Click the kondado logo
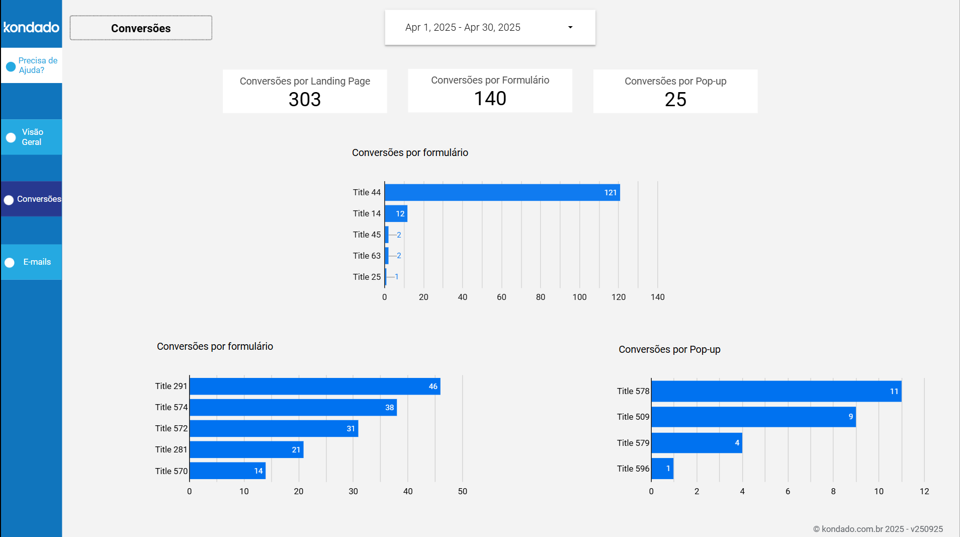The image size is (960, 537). click(x=31, y=27)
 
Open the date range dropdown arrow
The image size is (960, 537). click(x=570, y=27)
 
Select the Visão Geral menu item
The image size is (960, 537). click(x=32, y=137)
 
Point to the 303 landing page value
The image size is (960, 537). click(x=305, y=100)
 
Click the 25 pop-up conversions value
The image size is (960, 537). click(x=675, y=100)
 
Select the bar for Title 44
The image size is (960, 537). click(x=502, y=192)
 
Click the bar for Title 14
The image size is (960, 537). click(x=396, y=213)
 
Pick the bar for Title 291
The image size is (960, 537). click(x=315, y=387)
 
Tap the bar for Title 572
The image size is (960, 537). click(x=274, y=429)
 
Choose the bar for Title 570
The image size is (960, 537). click(x=227, y=471)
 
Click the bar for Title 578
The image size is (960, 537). click(x=776, y=391)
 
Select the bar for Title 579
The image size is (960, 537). click(x=696, y=443)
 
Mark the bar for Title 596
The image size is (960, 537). click(x=662, y=469)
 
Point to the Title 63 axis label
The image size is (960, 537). click(x=367, y=256)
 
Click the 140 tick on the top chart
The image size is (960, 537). click(x=657, y=297)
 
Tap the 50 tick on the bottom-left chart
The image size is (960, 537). click(x=462, y=491)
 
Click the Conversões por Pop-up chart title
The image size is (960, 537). click(x=669, y=349)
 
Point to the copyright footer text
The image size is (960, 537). click(x=878, y=529)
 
